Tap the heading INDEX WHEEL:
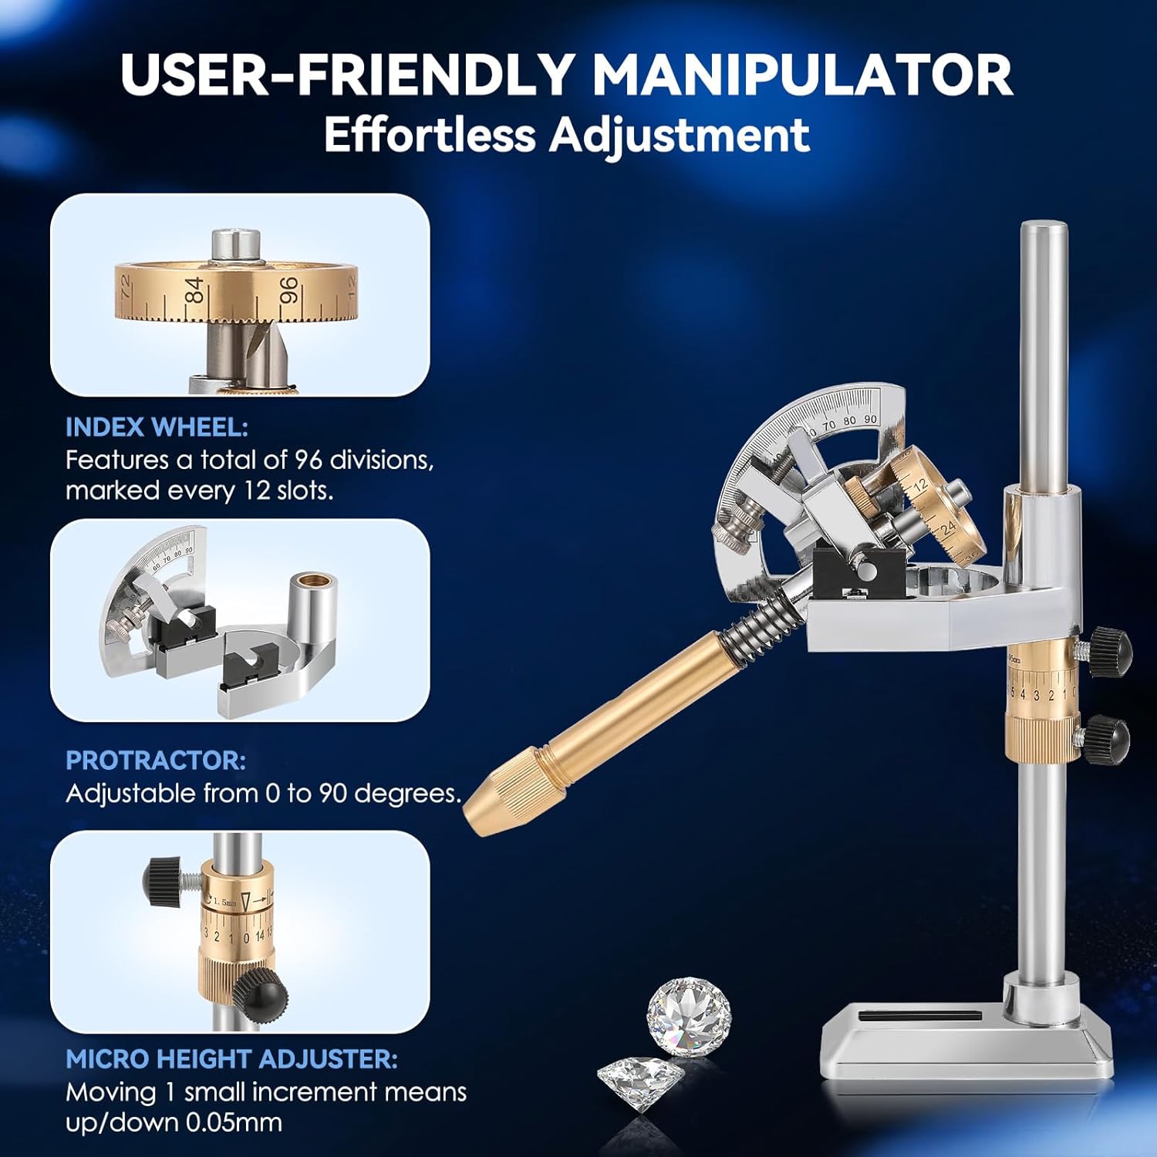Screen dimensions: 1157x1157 [x=157, y=427]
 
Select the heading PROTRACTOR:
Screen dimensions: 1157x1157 [x=156, y=761]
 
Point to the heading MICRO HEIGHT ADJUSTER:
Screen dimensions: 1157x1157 [x=231, y=1059]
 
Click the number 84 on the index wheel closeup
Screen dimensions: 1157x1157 [x=195, y=290]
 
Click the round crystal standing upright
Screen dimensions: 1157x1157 [x=688, y=1014]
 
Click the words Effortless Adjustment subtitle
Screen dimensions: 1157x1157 [x=567, y=135]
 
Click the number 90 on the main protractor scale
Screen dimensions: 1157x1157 [x=869, y=419]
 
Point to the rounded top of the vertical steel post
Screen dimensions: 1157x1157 [x=1044, y=230]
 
